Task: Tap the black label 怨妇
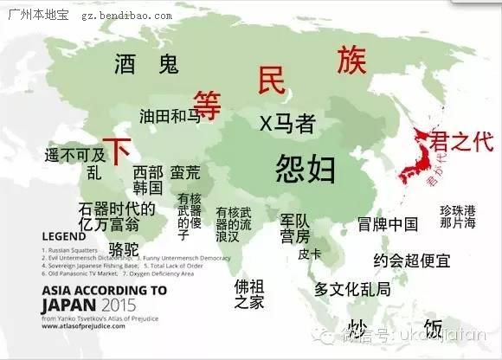pos(305,168)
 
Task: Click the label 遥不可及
pos(74,155)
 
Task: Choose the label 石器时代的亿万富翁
pos(116,216)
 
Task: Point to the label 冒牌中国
pos(388,225)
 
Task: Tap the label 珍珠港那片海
pos(457,216)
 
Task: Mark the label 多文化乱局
pos(352,288)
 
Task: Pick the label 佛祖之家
pos(249,292)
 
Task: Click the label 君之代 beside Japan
pos(461,142)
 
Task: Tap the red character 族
pos(352,60)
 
